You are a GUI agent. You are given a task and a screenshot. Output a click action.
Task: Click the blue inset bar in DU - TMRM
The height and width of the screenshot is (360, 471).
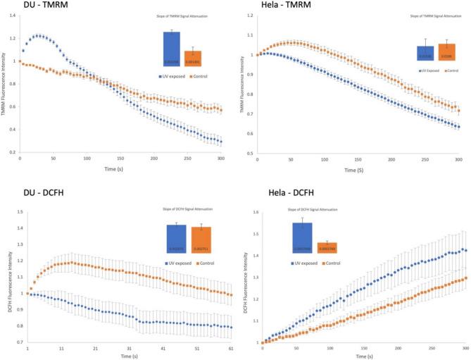click(172, 49)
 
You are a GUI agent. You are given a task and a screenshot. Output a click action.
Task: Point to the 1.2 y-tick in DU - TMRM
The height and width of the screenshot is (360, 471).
click(12, 37)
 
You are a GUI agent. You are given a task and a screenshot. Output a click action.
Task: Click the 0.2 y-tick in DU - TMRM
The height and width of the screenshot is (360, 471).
click(12, 151)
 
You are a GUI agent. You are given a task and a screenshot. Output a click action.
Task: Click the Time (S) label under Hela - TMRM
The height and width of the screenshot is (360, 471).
click(356, 169)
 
